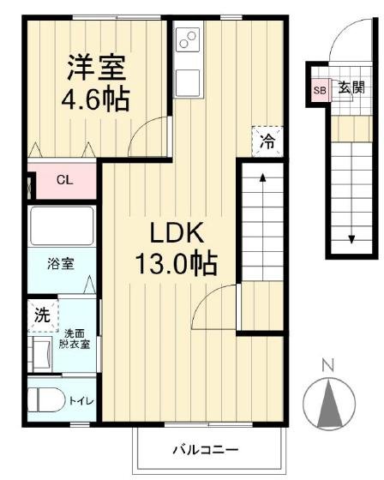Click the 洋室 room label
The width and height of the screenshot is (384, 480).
point(97,68)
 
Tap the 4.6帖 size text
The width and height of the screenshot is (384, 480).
point(95,99)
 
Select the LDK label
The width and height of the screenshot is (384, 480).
point(177,232)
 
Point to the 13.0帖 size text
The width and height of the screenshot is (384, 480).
point(176,264)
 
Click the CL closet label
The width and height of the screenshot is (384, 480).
point(64,180)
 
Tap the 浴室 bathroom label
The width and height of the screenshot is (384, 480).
point(61,264)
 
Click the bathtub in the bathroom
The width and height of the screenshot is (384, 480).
point(62,225)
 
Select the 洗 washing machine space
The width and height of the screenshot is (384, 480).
point(43,315)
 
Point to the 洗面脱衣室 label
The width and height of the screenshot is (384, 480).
point(75,339)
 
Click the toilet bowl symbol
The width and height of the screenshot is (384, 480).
point(46,400)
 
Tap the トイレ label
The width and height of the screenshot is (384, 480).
point(81,401)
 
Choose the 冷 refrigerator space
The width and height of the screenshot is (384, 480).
point(267,141)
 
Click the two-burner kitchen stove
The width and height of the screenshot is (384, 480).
point(188,39)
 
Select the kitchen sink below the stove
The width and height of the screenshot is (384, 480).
point(188,82)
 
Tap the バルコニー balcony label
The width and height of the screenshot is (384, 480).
point(206,450)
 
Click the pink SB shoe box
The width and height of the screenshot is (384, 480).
point(320,90)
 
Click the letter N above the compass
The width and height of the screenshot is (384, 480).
point(328,364)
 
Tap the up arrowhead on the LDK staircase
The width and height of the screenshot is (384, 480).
point(263,177)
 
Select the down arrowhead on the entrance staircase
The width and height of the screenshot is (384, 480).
point(351,239)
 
